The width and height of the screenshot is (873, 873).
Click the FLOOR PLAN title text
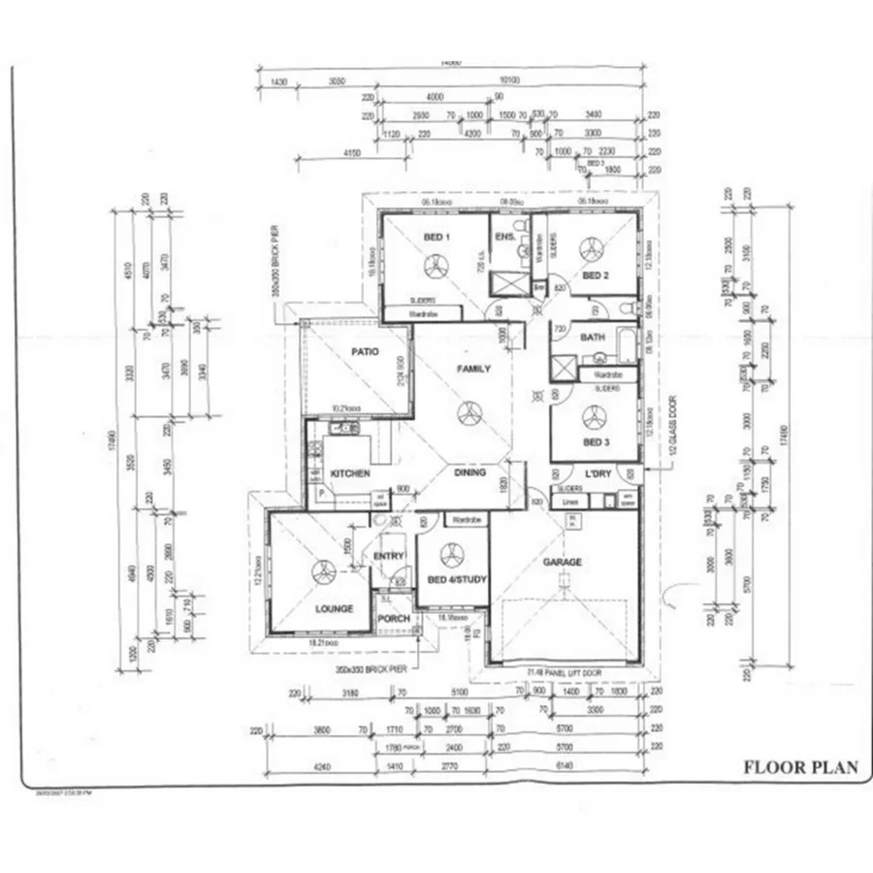[x=800, y=767]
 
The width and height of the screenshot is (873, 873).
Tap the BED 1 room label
[x=437, y=238]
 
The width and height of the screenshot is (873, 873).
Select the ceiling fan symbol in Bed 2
[x=589, y=249]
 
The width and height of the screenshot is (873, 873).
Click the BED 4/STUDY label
[x=456, y=580]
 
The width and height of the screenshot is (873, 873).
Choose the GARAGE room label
[x=562, y=563]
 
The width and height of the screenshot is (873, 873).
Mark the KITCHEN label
[x=349, y=473]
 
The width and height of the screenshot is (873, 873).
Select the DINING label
[x=470, y=473]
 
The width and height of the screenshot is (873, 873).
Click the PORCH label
[x=393, y=620]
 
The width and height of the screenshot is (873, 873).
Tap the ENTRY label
[x=388, y=556]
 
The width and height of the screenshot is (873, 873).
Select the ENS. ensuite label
[x=504, y=238]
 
